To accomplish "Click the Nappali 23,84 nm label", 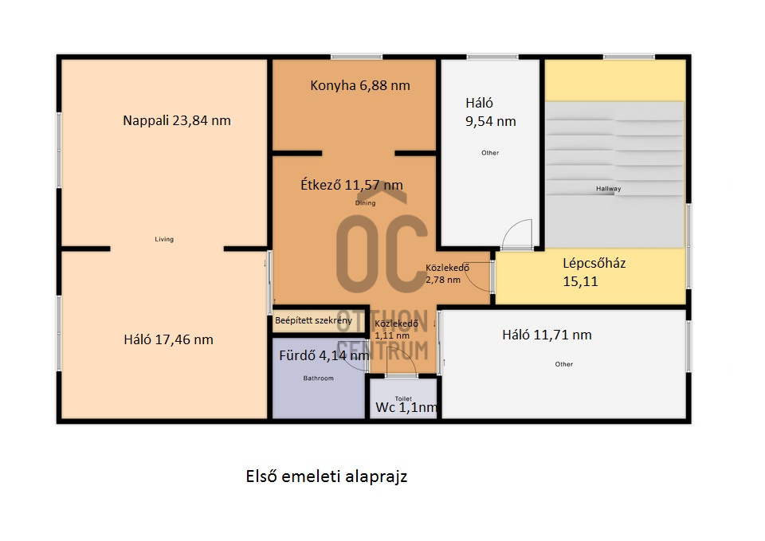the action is pyautogui.click(x=177, y=120).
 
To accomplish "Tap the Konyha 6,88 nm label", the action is pyautogui.click(x=360, y=86).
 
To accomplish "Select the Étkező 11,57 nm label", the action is pyautogui.click(x=351, y=185).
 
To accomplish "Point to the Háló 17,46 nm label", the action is pyautogui.click(x=168, y=339).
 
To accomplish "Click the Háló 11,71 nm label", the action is pyautogui.click(x=547, y=335).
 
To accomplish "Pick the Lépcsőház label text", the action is pyautogui.click(x=594, y=264).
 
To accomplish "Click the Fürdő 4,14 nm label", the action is pyautogui.click(x=324, y=355).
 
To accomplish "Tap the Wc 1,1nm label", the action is pyautogui.click(x=406, y=407).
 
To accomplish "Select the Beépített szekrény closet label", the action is pyautogui.click(x=313, y=320).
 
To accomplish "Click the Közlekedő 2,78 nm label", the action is pyautogui.click(x=447, y=273).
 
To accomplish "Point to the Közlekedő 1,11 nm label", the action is pyautogui.click(x=396, y=329).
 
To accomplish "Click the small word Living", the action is pyautogui.click(x=164, y=239).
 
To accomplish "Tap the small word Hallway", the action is pyautogui.click(x=608, y=189).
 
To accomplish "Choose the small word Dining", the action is pyautogui.click(x=365, y=203).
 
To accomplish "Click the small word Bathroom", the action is pyautogui.click(x=318, y=378).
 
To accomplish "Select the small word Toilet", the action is pyautogui.click(x=403, y=398).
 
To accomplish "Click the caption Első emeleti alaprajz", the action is pyautogui.click(x=327, y=476).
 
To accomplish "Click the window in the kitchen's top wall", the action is pyautogui.click(x=356, y=57).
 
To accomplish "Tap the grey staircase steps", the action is pyautogui.click(x=614, y=174).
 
